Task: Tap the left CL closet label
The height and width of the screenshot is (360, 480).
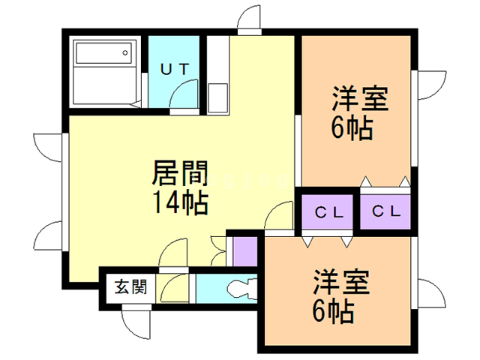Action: (x=328, y=211)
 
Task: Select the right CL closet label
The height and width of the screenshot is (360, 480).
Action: (x=386, y=211)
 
